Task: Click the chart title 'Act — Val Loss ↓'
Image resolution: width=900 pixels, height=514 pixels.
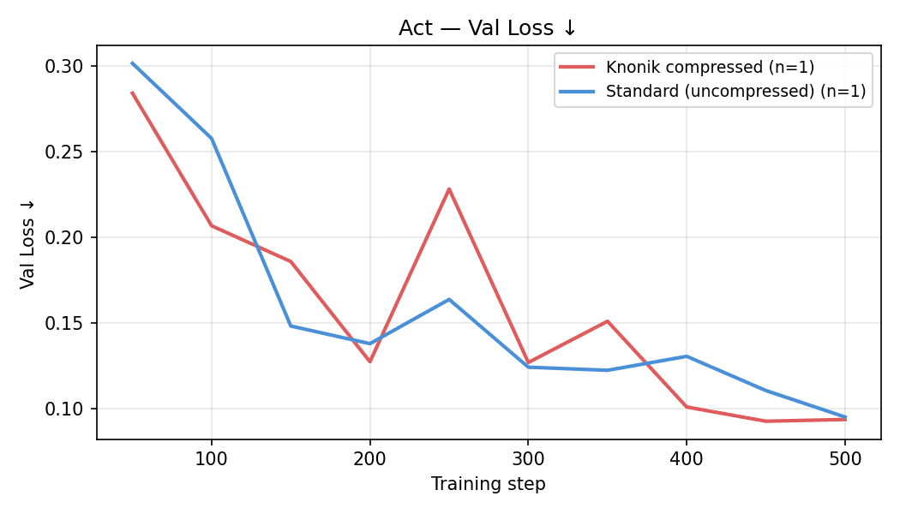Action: [488, 27]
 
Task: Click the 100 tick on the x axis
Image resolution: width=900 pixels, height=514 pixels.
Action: [212, 458]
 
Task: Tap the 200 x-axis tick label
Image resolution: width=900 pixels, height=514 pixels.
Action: [369, 458]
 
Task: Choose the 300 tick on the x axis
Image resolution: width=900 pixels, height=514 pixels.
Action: [528, 458]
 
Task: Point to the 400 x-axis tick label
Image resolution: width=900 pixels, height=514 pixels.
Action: [687, 458]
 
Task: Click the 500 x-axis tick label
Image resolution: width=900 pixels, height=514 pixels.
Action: [844, 458]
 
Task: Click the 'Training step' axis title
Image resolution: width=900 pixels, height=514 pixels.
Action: [488, 484]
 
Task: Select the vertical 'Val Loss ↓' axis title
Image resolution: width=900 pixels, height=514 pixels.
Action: [27, 242]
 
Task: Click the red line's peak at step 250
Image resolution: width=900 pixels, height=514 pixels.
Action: [449, 188]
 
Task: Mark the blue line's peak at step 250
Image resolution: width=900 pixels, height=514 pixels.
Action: [449, 299]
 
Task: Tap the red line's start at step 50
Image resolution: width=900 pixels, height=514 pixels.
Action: [132, 93]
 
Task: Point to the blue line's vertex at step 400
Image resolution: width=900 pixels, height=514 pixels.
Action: [687, 356]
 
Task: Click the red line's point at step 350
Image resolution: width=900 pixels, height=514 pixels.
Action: [607, 321]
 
